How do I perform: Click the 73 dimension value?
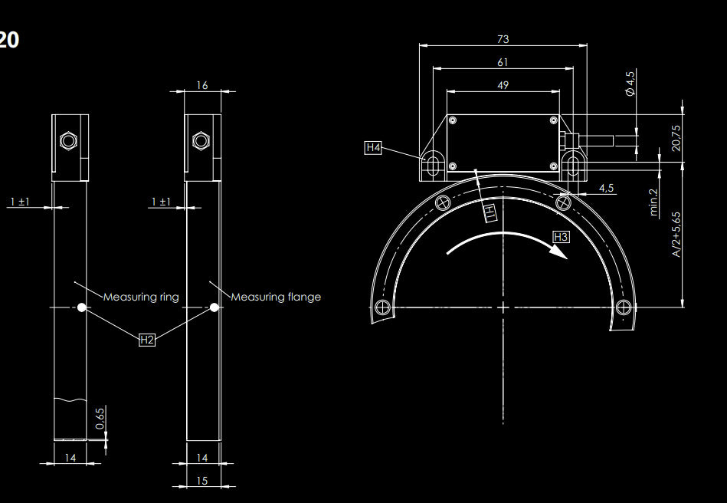pyautogui.click(x=503, y=39)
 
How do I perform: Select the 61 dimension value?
pyautogui.click(x=503, y=62)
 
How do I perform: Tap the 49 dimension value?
pyautogui.click(x=503, y=85)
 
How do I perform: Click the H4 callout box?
pyautogui.click(x=373, y=147)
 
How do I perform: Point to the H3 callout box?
pyautogui.click(x=561, y=237)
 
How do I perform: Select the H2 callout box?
pyautogui.click(x=147, y=340)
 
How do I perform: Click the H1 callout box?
pyautogui.click(x=490, y=212)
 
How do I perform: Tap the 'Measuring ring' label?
pyautogui.click(x=141, y=297)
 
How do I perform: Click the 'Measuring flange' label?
pyautogui.click(x=276, y=297)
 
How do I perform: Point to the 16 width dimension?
pyautogui.click(x=202, y=85)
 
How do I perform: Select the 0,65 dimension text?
pyautogui.click(x=100, y=419)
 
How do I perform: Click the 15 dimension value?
pyautogui.click(x=202, y=481)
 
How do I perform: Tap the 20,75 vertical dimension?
pyautogui.click(x=676, y=138)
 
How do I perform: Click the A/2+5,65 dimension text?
pyautogui.click(x=676, y=235)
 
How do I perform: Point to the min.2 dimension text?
pyautogui.click(x=653, y=202)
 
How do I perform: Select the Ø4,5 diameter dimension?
pyautogui.click(x=630, y=84)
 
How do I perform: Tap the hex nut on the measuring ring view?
pyautogui.click(x=68, y=140)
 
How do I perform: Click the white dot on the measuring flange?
pyautogui.click(x=214, y=307)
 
